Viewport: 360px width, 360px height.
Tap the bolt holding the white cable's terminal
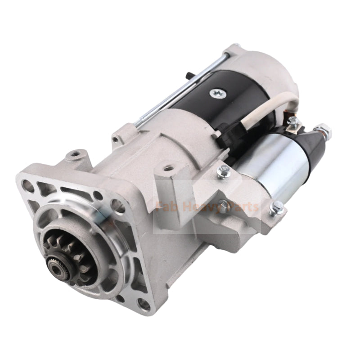pyautogui.click(x=292, y=121)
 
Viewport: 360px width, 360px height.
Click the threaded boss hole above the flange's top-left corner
pyautogui.click(x=74, y=156)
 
